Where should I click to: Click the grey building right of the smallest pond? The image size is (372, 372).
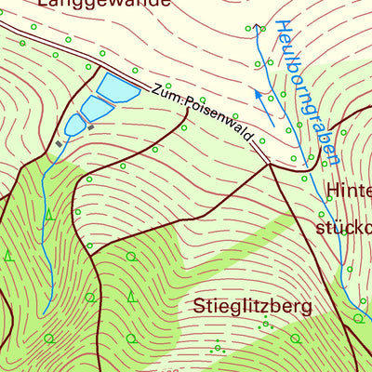click(x=90, y=127)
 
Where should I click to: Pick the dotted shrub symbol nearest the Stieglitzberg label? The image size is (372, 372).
click(x=265, y=323)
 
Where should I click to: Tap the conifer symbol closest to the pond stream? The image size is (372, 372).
click(x=49, y=215)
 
